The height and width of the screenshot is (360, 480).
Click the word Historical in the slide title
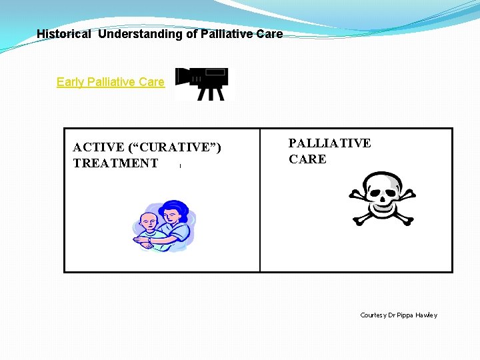[63, 34]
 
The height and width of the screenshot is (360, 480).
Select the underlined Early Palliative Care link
[110, 82]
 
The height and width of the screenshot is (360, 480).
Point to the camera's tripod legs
[212, 93]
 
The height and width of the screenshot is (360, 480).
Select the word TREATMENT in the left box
[115, 163]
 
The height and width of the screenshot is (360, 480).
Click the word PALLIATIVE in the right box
[329, 143]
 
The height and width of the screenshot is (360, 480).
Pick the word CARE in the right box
[307, 159]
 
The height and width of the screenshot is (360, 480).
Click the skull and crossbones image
[382, 199]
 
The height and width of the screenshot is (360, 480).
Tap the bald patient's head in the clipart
[149, 221]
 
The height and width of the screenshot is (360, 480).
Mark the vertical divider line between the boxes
[260, 200]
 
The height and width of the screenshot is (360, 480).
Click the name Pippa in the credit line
[405, 315]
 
